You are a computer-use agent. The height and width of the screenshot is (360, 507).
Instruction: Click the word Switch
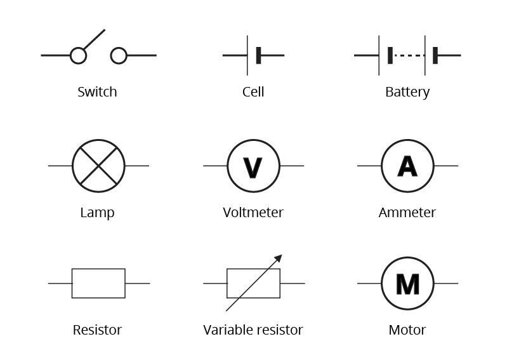[x=97, y=92]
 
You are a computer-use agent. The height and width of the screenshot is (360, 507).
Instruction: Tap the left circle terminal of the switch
[x=78, y=56]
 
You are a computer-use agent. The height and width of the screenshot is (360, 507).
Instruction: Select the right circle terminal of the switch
[x=119, y=56]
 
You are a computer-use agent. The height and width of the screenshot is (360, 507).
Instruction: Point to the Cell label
[x=253, y=92]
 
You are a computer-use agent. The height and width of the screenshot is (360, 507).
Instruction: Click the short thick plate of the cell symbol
[x=258, y=56]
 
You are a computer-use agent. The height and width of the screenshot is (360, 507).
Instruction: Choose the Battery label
[x=407, y=92]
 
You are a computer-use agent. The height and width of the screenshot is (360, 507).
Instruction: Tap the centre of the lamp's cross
[x=98, y=166]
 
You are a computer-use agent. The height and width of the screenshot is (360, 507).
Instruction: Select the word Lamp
[x=97, y=213]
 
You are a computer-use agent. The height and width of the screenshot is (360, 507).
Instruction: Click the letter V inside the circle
[x=253, y=167]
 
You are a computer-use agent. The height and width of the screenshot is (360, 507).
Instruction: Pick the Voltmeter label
[x=253, y=213]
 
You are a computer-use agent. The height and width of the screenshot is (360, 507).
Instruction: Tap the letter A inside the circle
[x=407, y=166]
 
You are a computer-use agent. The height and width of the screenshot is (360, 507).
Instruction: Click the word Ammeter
[x=407, y=213]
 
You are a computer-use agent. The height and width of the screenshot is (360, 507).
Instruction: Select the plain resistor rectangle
[x=98, y=283]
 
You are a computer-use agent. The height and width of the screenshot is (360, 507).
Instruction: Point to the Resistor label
[x=97, y=330]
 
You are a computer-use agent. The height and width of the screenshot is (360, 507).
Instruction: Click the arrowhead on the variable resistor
[x=278, y=258]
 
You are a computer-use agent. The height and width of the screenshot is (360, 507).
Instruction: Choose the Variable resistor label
[x=253, y=330]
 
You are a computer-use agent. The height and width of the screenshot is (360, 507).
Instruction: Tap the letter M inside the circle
[x=407, y=284]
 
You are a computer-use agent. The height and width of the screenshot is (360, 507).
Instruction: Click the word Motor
[x=407, y=330]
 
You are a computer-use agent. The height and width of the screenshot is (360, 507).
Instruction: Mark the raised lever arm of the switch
[x=94, y=39]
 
